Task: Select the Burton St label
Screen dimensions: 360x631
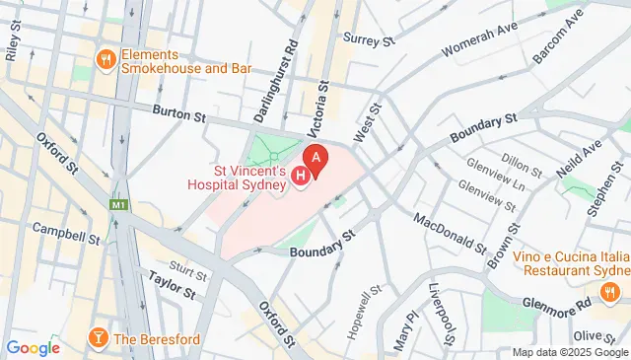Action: [x=178, y=116]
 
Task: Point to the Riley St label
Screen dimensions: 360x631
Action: [x=14, y=45]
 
